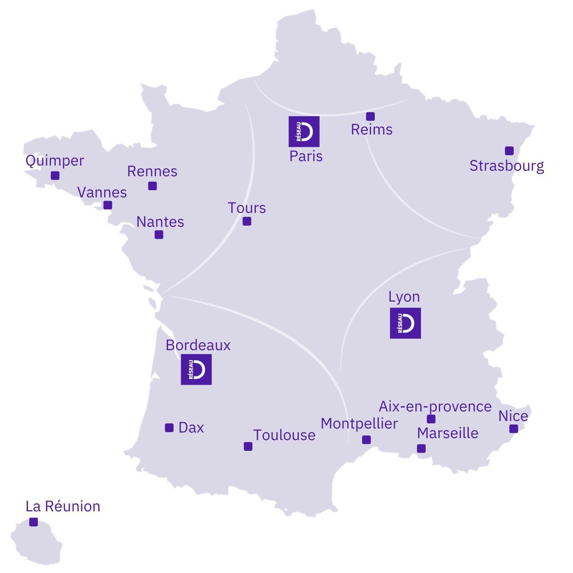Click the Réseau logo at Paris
304,131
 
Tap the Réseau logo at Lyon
405,323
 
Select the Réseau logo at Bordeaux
196,369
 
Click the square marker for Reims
370,116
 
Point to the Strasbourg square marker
509,151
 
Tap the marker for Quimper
55,175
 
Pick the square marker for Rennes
152,186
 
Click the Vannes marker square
108,205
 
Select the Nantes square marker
159,235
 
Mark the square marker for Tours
247,221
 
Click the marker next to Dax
169,428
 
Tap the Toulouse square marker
248,446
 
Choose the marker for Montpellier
366,440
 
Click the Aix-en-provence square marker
431,419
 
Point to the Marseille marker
421,448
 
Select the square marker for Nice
514,429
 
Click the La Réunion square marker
34,522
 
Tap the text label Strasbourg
507,166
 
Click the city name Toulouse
284,435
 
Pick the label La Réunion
63,506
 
